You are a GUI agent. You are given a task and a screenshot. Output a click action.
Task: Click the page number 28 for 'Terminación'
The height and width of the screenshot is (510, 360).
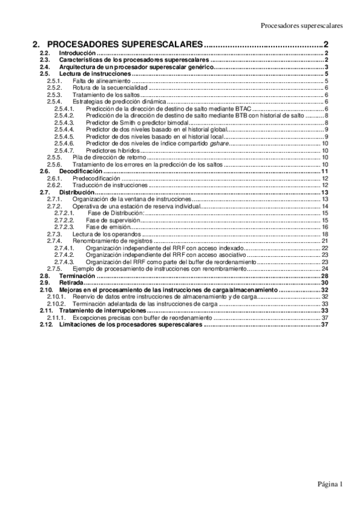(323, 275)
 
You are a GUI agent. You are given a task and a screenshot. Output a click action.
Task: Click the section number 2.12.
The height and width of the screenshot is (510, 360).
(46, 324)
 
